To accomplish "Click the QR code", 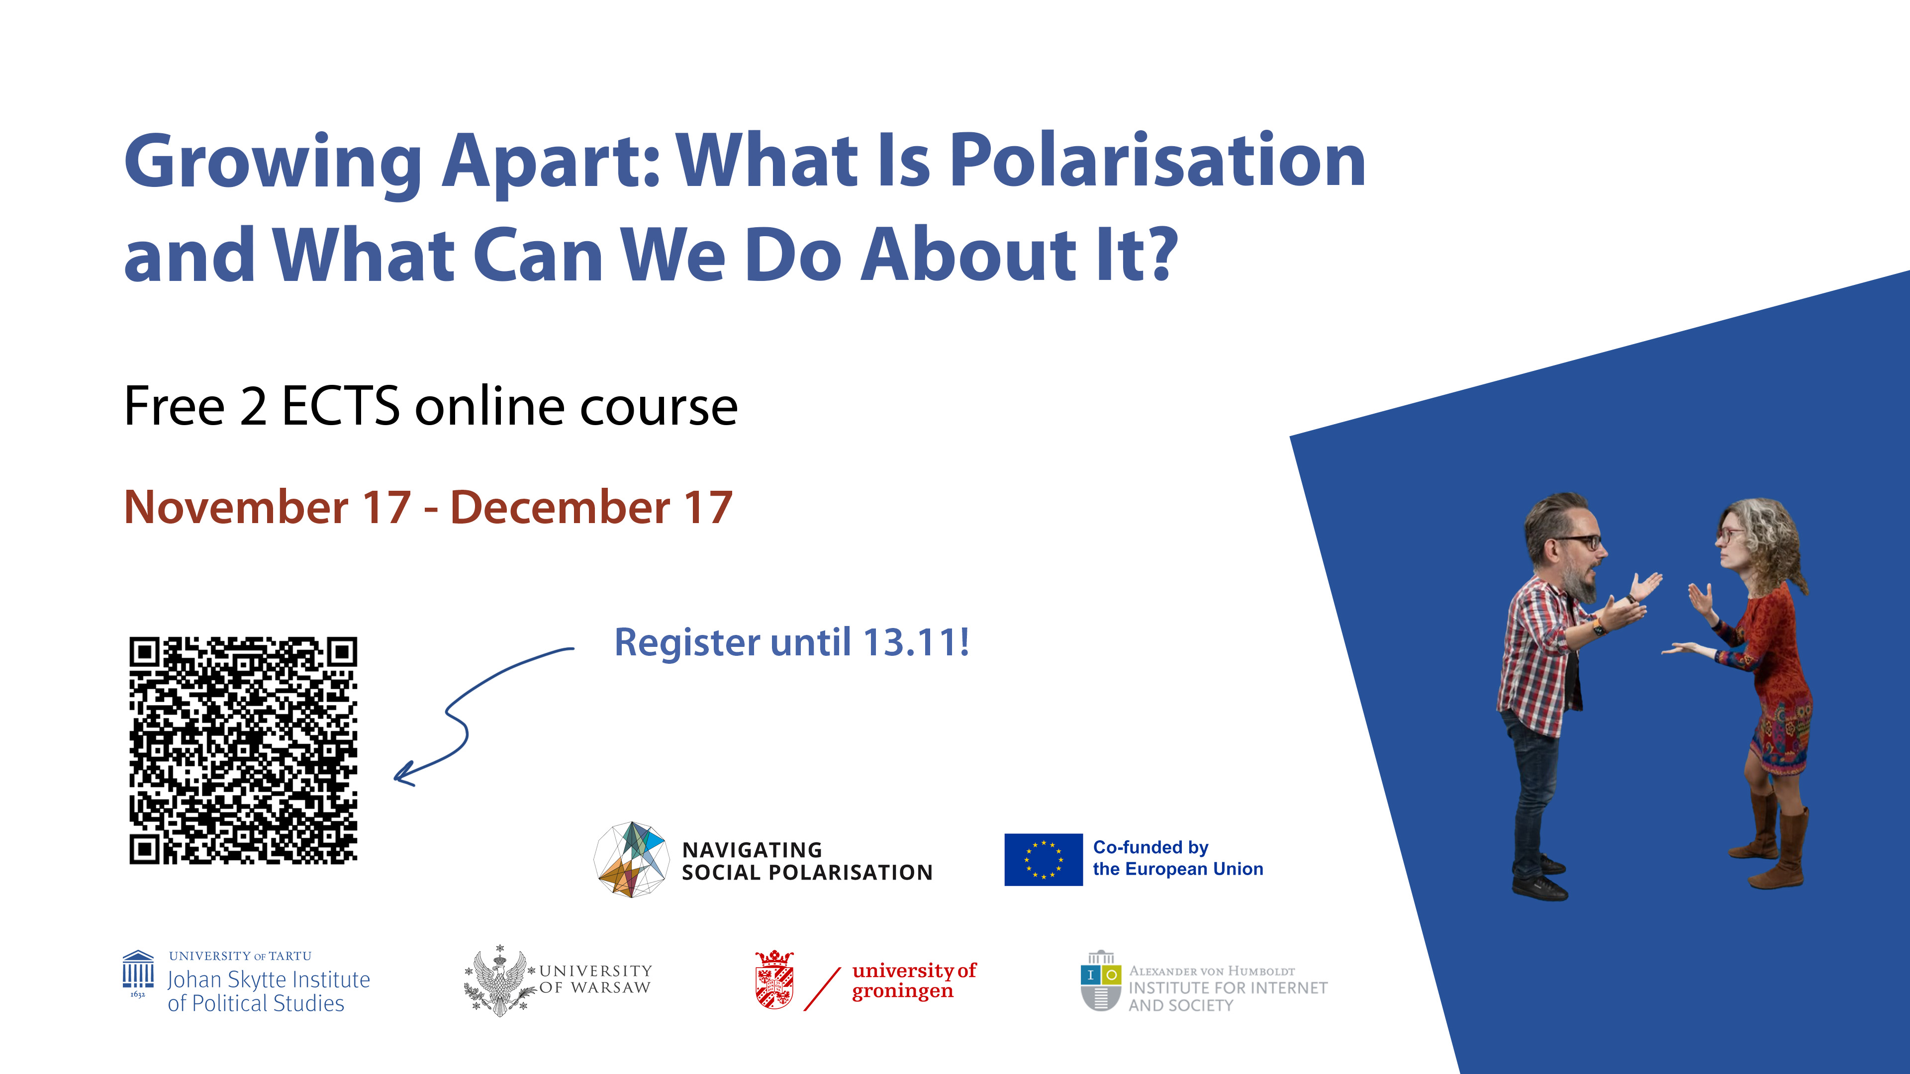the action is tap(243, 750).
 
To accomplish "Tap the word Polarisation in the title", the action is tap(1157, 161).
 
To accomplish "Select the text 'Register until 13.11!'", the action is tap(792, 642).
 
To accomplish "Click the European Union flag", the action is tap(1043, 860).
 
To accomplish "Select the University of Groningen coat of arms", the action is tap(774, 980).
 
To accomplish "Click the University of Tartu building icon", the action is tap(138, 971).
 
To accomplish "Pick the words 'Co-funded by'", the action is tap(1151, 847).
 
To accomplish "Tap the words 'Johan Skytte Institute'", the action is tap(269, 980).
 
